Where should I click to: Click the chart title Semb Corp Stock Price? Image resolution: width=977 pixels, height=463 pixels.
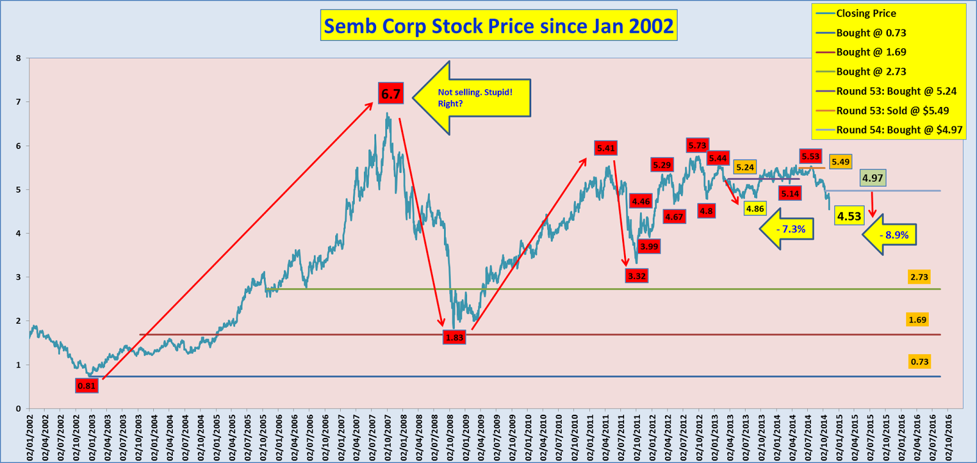pyautogui.click(x=498, y=26)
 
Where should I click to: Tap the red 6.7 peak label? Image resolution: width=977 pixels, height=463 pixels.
pyautogui.click(x=391, y=93)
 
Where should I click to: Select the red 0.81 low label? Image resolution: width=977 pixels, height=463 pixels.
pyautogui.click(x=87, y=385)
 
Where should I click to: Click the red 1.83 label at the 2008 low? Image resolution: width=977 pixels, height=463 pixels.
pyautogui.click(x=454, y=337)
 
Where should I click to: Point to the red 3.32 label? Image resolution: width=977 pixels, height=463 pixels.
pyautogui.click(x=637, y=276)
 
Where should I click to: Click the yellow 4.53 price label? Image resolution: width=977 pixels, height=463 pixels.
pyautogui.click(x=849, y=216)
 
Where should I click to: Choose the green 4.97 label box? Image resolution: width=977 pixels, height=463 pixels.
pyautogui.click(x=873, y=178)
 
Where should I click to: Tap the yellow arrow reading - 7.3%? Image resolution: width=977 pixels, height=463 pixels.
pyautogui.click(x=788, y=229)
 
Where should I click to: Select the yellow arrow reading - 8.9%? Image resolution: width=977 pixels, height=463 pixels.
pyautogui.click(x=890, y=235)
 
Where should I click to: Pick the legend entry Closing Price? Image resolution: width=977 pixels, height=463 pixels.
pyautogui.click(x=866, y=13)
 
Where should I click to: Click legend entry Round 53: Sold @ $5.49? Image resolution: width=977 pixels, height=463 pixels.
pyautogui.click(x=892, y=111)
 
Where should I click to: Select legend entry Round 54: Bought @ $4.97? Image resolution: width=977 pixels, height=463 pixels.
pyautogui.click(x=899, y=129)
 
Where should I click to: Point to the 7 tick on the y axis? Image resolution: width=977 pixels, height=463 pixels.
pyautogui.click(x=18, y=102)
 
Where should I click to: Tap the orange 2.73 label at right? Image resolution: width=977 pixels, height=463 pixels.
pyautogui.click(x=919, y=277)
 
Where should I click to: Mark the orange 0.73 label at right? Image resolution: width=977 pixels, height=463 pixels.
pyautogui.click(x=919, y=362)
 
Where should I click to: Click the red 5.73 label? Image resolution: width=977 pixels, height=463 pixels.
pyautogui.click(x=697, y=145)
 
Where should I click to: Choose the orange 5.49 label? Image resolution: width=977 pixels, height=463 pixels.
pyautogui.click(x=840, y=162)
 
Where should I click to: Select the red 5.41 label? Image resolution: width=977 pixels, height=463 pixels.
pyautogui.click(x=606, y=148)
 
